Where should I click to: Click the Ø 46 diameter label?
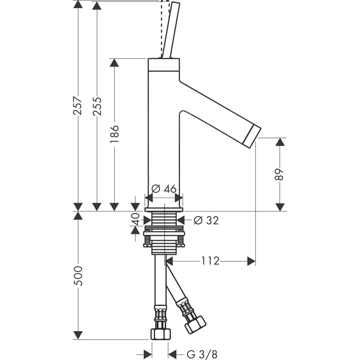(x=164, y=189)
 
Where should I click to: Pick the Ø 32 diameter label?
(x=206, y=220)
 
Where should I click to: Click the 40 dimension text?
(x=136, y=219)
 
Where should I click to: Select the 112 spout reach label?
(x=210, y=261)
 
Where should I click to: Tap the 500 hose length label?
(x=78, y=276)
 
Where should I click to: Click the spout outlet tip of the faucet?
(x=252, y=136)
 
